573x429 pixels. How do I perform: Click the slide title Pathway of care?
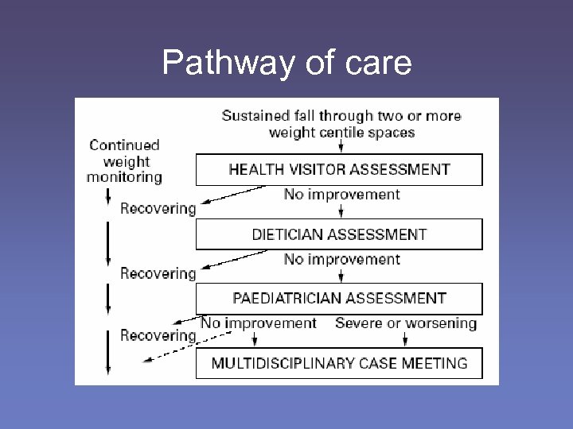click(x=286, y=62)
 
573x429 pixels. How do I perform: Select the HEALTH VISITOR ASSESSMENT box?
click(x=339, y=169)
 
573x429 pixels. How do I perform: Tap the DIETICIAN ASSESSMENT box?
click(x=339, y=234)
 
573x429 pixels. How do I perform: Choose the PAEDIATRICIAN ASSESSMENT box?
click(x=339, y=299)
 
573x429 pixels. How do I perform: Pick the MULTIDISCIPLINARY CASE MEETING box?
click(x=339, y=363)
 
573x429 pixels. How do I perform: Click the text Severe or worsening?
click(x=406, y=323)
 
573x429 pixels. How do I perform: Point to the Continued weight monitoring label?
click(x=124, y=161)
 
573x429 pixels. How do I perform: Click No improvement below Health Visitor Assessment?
click(x=341, y=195)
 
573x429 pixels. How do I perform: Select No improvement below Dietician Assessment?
click(x=341, y=260)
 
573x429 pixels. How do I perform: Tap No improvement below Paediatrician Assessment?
click(x=259, y=323)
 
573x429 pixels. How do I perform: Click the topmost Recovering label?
click(x=158, y=209)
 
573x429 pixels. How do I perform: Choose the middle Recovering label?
click(x=158, y=274)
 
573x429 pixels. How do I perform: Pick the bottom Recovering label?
click(x=158, y=335)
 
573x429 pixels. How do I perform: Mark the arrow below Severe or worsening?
click(x=406, y=338)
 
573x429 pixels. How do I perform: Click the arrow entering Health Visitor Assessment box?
click(x=341, y=146)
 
